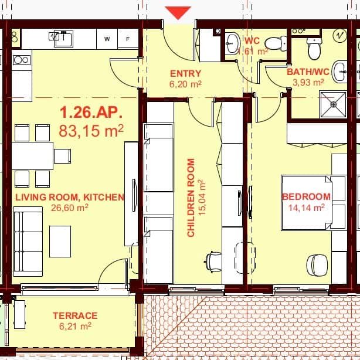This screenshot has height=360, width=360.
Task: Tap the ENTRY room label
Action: click(185, 74)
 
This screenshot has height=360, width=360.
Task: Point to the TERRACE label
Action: click(75, 315)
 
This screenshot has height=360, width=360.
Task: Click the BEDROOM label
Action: click(306, 197)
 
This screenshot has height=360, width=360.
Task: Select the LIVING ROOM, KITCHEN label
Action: click(70, 198)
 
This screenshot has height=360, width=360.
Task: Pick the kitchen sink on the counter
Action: click(62, 39)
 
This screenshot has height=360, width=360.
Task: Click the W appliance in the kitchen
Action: click(107, 39)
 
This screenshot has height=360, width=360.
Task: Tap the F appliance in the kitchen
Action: click(127, 39)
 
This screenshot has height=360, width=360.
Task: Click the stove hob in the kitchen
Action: click(22, 59)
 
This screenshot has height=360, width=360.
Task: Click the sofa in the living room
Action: click(28, 243)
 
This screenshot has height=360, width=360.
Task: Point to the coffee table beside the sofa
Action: click(60, 241)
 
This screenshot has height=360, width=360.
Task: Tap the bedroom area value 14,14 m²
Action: click(306, 207)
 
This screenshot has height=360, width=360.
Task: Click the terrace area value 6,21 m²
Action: click(75, 326)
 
